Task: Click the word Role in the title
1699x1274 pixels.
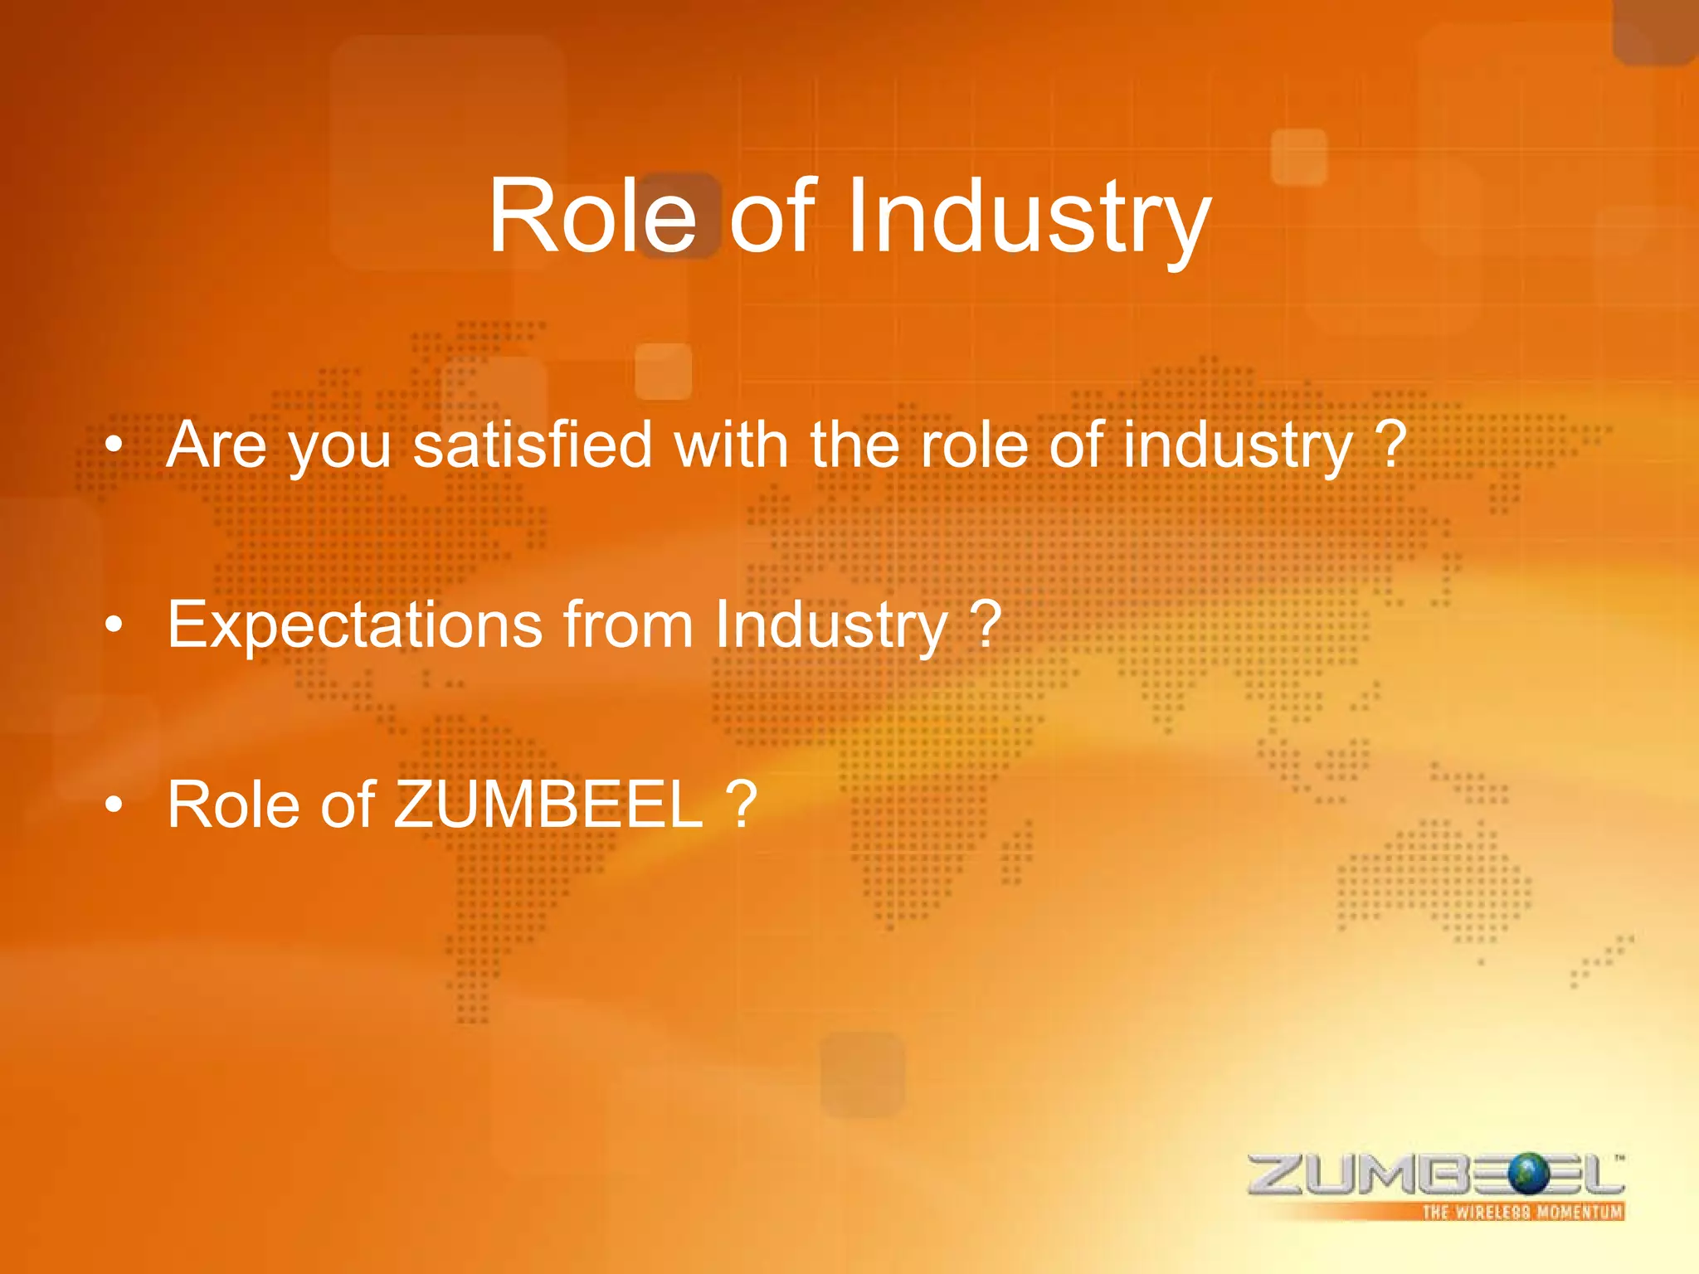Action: (592, 216)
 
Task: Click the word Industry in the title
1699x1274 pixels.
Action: (1029, 216)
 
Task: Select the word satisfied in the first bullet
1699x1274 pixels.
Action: (533, 445)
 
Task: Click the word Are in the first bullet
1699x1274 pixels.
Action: (217, 445)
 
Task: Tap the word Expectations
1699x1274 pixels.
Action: (355, 625)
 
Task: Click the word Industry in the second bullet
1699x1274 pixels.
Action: (830, 625)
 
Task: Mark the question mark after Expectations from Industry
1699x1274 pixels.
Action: (986, 624)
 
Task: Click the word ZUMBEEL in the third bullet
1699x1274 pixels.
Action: (548, 805)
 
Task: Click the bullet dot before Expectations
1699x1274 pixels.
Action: (114, 625)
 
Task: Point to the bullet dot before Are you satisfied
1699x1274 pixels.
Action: (114, 445)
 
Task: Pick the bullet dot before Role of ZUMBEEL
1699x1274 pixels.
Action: (114, 805)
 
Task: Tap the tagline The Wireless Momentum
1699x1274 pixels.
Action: (1522, 1212)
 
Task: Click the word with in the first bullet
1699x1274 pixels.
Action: (730, 445)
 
